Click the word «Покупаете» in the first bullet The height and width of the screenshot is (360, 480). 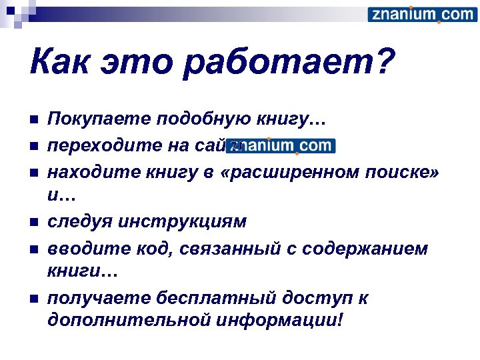click(97, 120)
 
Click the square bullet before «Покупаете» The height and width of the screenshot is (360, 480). click(35, 121)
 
